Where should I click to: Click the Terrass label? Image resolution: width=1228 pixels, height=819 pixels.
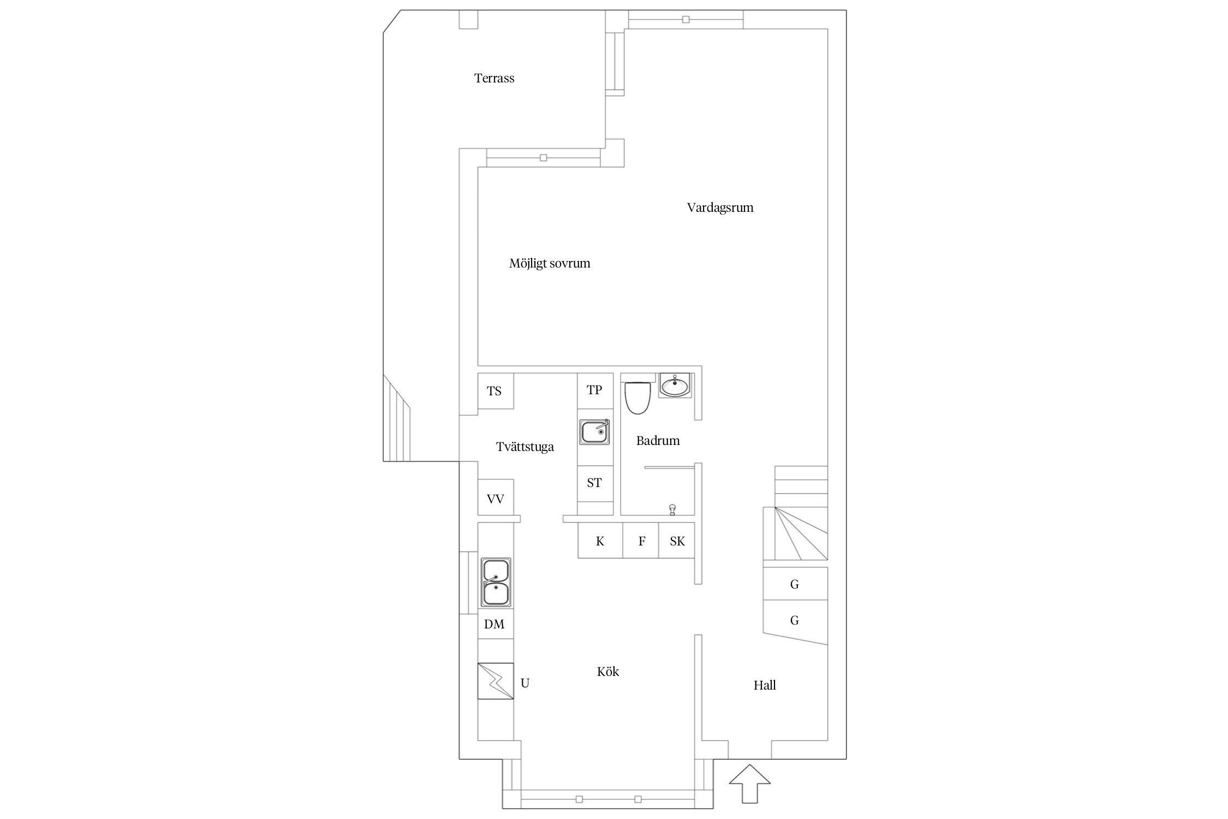494,78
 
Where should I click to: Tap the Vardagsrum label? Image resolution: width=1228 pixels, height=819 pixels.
720,207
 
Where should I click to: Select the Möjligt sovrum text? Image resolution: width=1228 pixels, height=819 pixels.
550,263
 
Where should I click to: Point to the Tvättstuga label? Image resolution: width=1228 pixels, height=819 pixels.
524,447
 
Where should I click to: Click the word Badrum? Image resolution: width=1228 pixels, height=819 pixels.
658,441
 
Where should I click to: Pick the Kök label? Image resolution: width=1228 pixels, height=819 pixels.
607,672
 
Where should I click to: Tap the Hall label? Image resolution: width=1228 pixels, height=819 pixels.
765,685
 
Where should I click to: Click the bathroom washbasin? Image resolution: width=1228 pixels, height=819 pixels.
675,385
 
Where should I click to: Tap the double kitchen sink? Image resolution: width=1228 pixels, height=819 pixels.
496,582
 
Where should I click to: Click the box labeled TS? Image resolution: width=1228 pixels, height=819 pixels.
495,391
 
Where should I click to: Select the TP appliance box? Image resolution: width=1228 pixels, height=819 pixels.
595,391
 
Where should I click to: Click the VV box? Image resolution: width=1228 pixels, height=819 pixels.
496,497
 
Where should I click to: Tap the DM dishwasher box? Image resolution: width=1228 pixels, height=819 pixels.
496,624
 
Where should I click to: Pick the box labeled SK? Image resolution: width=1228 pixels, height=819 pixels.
677,541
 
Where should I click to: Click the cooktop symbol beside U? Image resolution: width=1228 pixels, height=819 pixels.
496,681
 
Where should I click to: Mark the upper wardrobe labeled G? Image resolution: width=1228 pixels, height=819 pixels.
795,584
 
